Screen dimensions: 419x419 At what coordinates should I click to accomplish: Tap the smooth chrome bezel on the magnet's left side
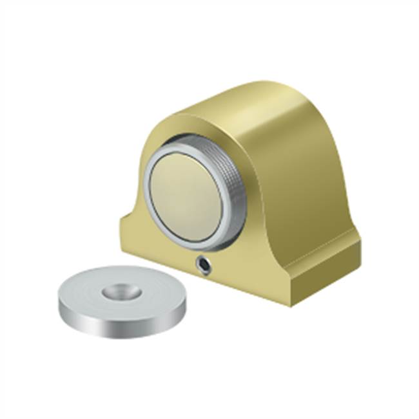(x=150, y=193)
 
